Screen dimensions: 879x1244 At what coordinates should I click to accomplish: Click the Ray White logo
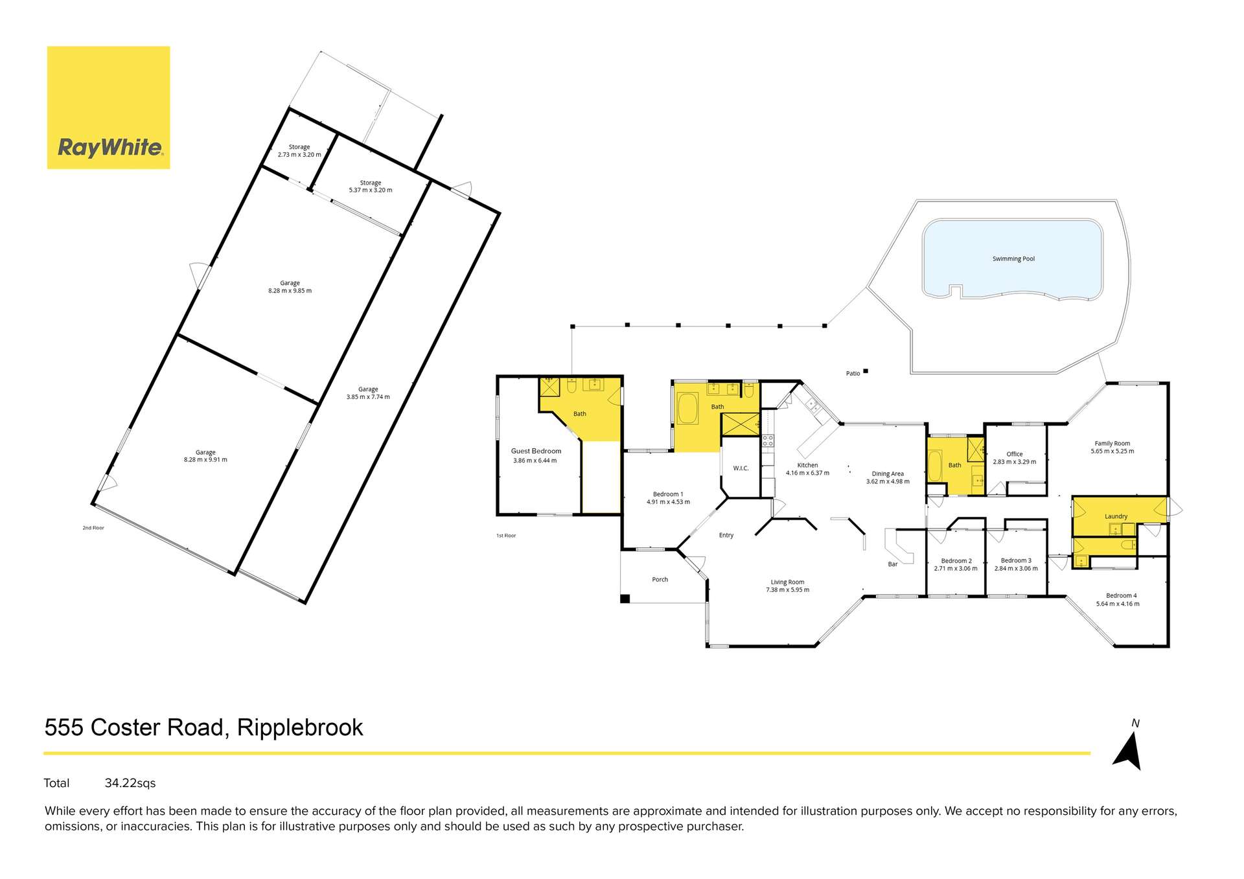pyautogui.click(x=109, y=108)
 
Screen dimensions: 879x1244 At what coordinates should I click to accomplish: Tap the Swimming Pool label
pyautogui.click(x=1013, y=259)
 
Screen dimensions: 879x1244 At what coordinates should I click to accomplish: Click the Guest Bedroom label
pyautogui.click(x=536, y=451)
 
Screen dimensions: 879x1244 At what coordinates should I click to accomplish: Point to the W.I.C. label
pyautogui.click(x=741, y=468)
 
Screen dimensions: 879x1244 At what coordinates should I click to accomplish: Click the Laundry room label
pyautogui.click(x=1116, y=516)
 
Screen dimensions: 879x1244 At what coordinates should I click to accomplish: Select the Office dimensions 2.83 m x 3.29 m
pyautogui.click(x=1014, y=462)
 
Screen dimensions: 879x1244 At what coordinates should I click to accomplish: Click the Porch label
pyautogui.click(x=660, y=580)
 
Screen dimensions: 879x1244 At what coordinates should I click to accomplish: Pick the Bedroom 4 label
pyautogui.click(x=1121, y=596)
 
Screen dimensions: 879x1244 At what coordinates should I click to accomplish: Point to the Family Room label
pyautogui.click(x=1112, y=444)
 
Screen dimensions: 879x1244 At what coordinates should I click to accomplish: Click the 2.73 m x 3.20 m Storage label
pyautogui.click(x=299, y=151)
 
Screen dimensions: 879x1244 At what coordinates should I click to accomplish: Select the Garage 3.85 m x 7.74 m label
pyautogui.click(x=368, y=393)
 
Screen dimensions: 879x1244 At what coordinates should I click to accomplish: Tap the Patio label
pyautogui.click(x=853, y=374)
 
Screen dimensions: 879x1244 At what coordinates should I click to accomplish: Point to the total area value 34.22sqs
pyautogui.click(x=130, y=783)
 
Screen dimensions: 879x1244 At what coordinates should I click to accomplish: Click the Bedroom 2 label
pyautogui.click(x=956, y=561)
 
